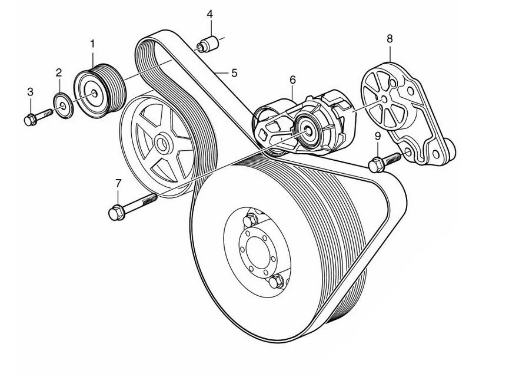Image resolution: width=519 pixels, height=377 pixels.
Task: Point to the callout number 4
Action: (x=209, y=14)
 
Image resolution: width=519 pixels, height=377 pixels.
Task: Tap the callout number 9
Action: (x=377, y=137)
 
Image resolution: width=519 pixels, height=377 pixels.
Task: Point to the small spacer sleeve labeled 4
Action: (x=207, y=45)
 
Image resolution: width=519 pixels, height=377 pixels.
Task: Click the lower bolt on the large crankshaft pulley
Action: (x=275, y=281)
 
